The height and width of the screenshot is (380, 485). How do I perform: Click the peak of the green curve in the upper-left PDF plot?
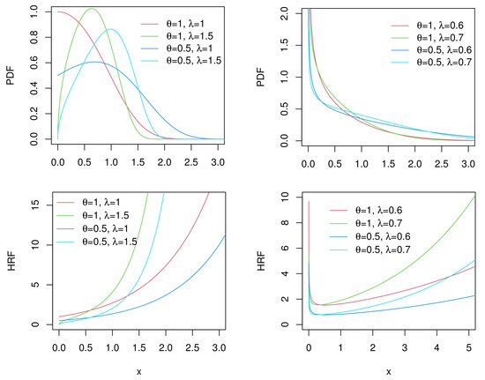tap(92, 9)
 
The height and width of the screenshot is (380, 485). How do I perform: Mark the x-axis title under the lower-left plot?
tap(138, 371)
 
